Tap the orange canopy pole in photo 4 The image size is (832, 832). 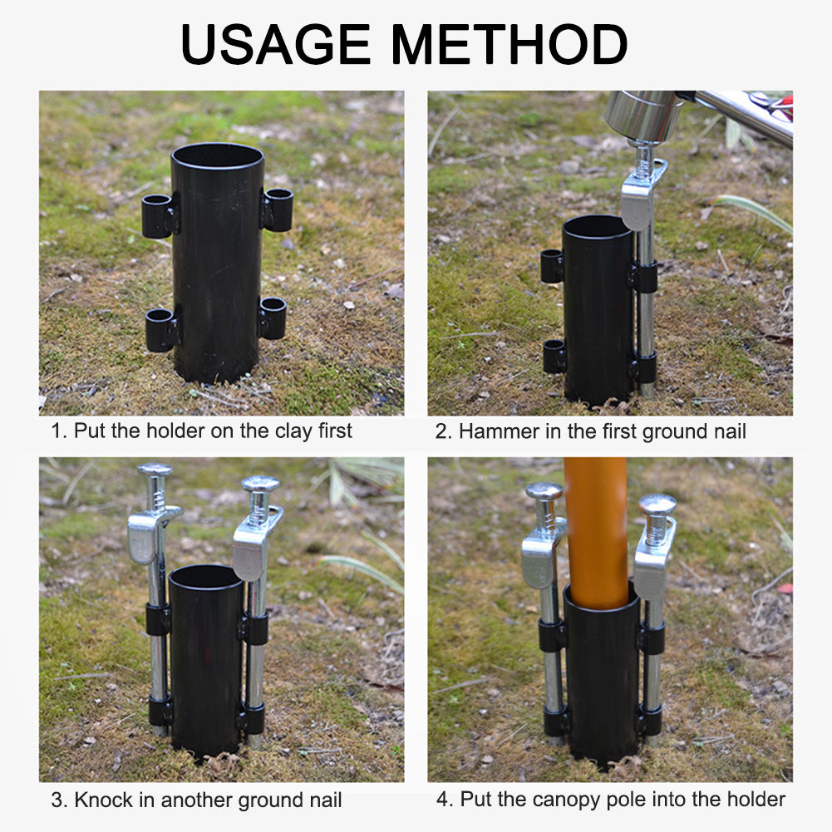pyautogui.click(x=595, y=532)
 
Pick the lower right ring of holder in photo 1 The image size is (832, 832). pyautogui.click(x=272, y=318)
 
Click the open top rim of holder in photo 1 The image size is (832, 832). pyautogui.click(x=218, y=155)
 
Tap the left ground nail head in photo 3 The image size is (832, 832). pyautogui.click(x=155, y=470)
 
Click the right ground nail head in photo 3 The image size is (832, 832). pyautogui.click(x=260, y=483)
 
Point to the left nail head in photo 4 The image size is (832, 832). pyautogui.click(x=544, y=490)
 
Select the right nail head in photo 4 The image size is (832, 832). pyautogui.click(x=657, y=503)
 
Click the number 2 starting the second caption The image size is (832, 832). pyautogui.click(x=441, y=431)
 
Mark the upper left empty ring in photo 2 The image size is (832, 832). pyautogui.click(x=552, y=265)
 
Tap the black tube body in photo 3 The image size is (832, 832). pyautogui.click(x=206, y=665)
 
